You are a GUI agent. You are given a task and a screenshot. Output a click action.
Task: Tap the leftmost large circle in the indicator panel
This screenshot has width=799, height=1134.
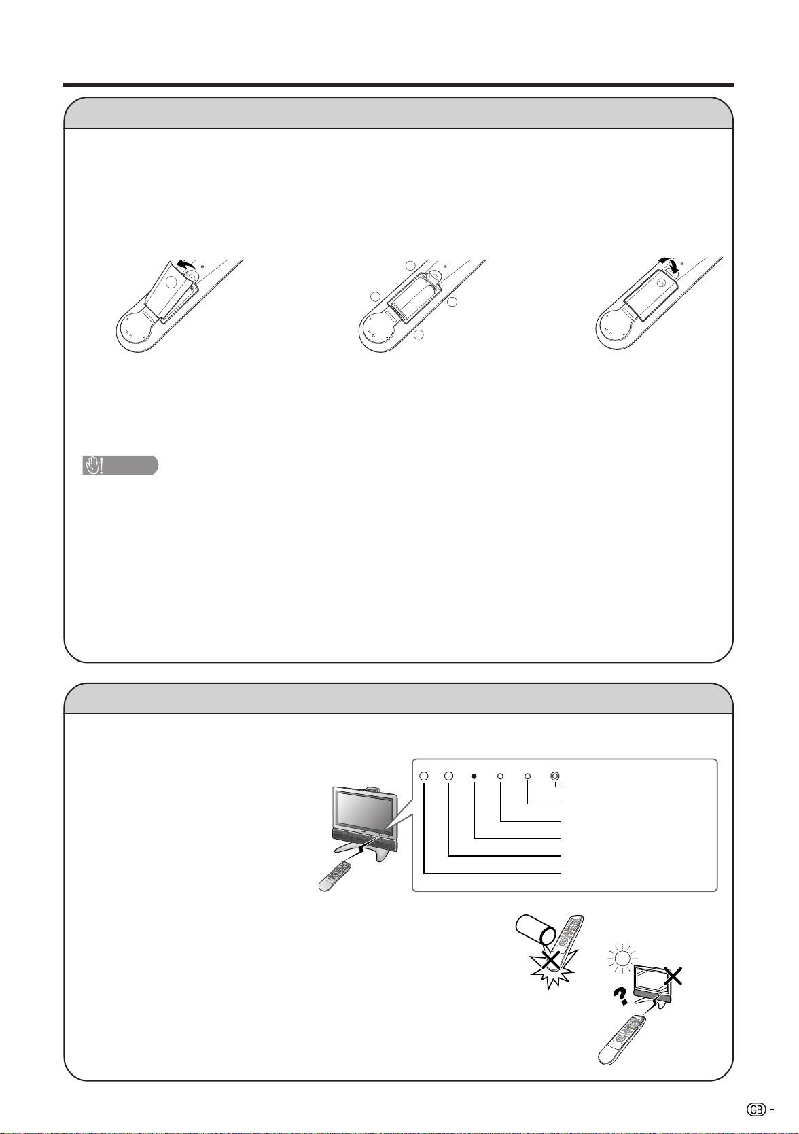424,776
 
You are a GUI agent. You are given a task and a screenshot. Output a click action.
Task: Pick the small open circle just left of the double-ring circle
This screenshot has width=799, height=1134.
527,776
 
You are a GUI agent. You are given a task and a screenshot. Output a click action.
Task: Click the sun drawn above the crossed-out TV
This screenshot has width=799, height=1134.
622,958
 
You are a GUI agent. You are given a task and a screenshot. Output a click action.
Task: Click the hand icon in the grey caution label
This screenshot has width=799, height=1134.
93,465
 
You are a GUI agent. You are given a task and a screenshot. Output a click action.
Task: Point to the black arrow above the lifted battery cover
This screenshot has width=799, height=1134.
185,264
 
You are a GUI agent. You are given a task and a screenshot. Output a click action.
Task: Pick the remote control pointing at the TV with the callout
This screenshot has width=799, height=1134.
335,876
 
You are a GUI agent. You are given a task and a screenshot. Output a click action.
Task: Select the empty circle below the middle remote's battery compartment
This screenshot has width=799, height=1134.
418,334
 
